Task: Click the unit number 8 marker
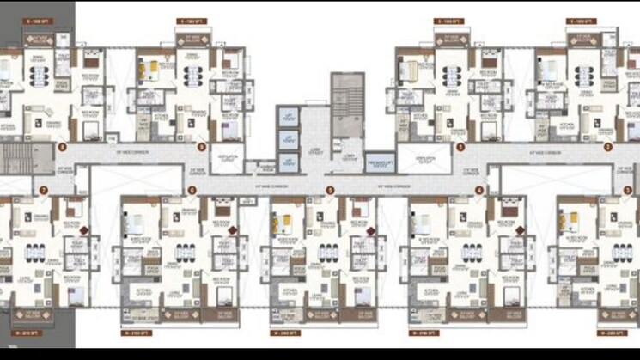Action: (63, 147)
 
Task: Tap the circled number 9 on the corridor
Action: (201, 147)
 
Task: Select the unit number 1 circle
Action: (460, 147)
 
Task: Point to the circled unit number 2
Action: (607, 147)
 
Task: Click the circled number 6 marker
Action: (192, 190)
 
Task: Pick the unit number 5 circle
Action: (330, 190)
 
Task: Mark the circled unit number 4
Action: (478, 190)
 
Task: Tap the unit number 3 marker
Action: (628, 190)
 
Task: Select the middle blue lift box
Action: (288, 140)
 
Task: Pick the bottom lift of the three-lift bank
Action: (288, 162)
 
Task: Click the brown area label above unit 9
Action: (191, 21)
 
